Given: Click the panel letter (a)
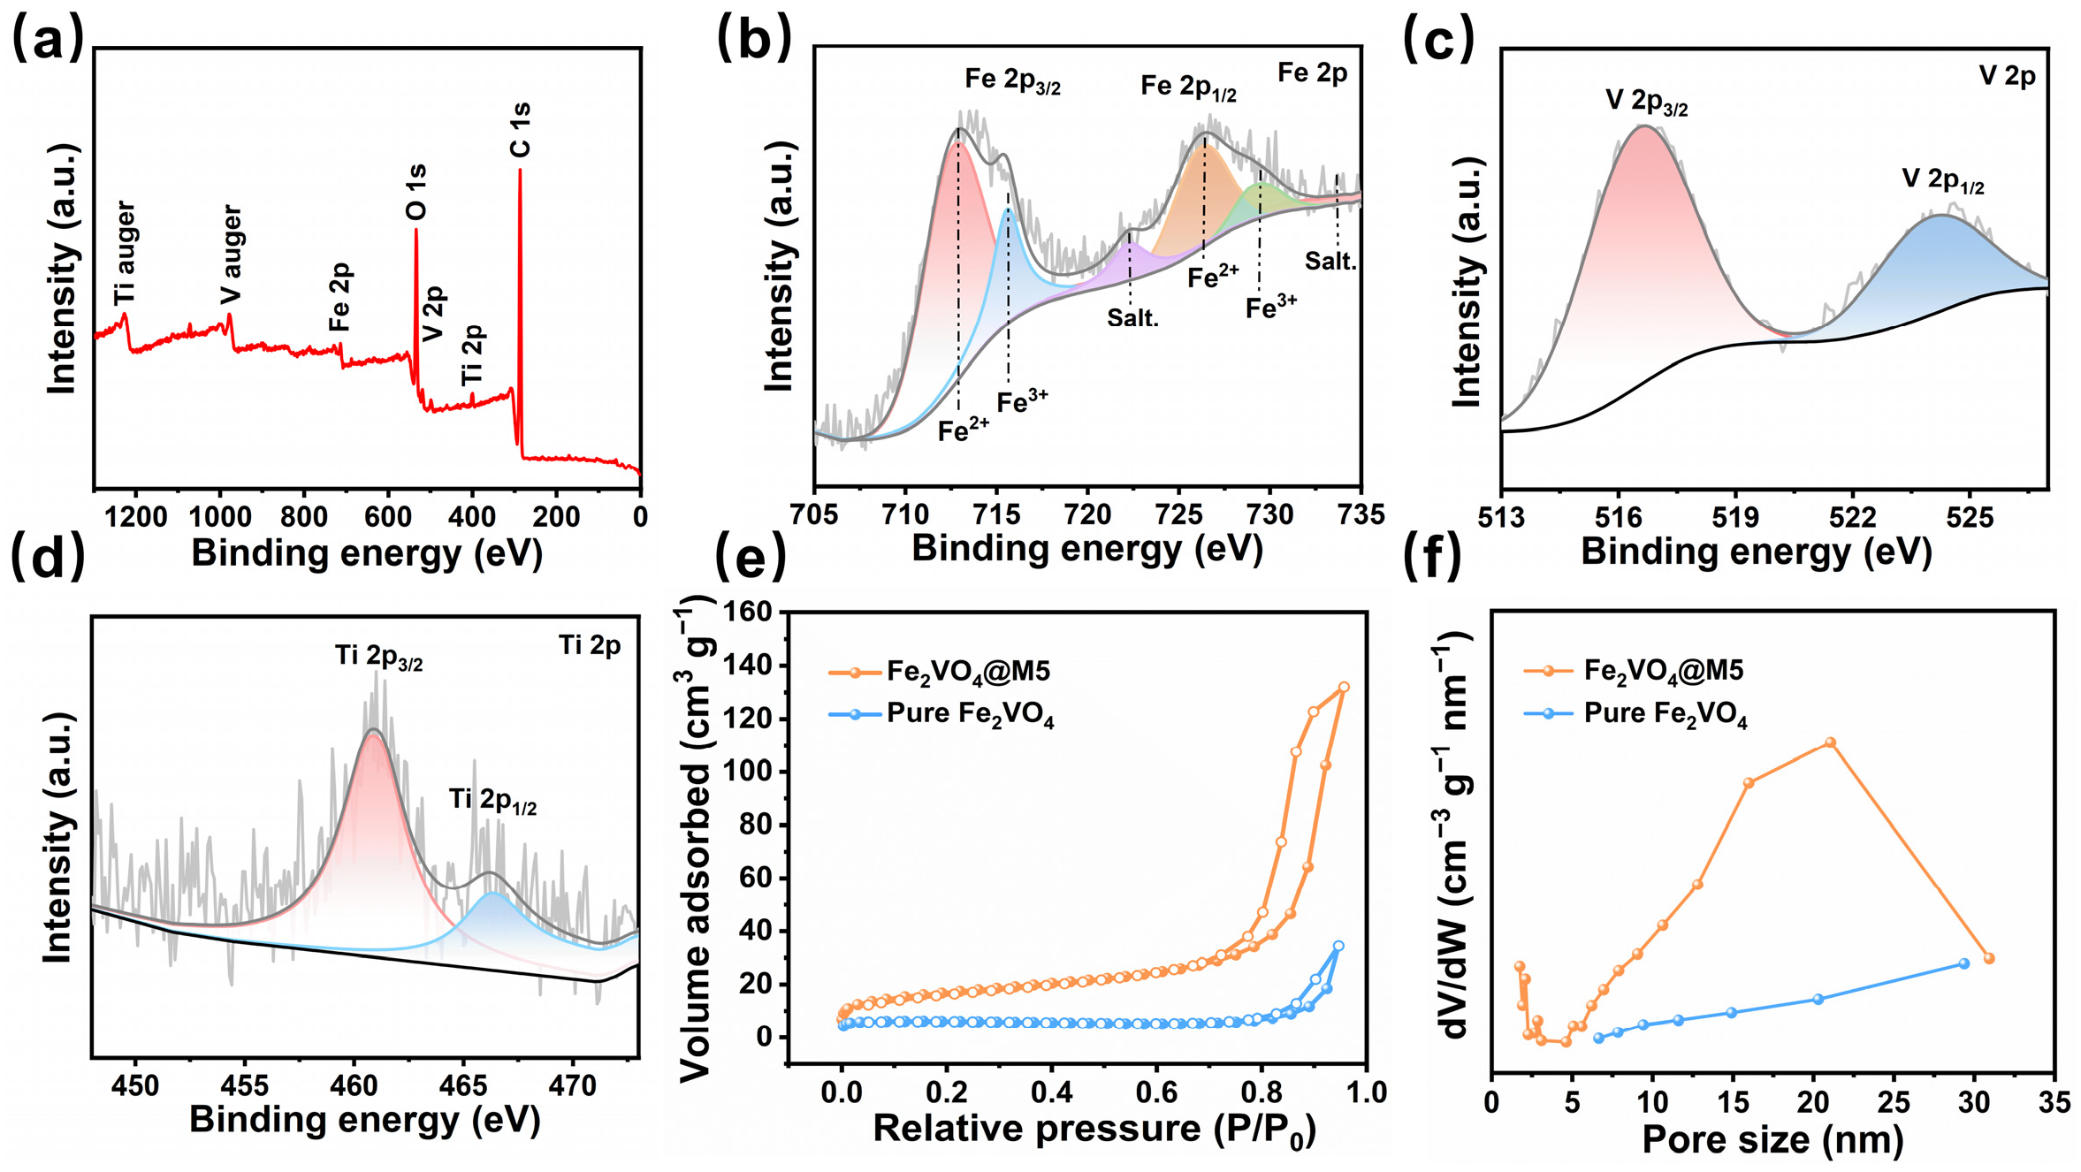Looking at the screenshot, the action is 48,40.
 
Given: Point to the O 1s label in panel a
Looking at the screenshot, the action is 415,192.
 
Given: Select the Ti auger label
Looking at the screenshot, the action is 125,254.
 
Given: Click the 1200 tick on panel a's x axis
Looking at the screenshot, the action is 136,516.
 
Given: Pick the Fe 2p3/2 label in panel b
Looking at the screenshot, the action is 1012,80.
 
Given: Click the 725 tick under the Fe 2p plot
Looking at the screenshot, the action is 1178,514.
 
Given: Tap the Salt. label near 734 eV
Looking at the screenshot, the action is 1330,261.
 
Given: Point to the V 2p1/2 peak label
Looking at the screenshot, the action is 1943,181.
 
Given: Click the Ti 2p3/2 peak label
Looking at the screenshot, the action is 378,657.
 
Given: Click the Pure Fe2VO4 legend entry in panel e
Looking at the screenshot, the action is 941,714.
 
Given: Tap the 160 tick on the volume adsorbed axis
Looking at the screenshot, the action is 750,612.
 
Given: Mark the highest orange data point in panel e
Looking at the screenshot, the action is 1344,687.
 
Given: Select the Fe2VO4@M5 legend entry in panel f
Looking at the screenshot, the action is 1634,671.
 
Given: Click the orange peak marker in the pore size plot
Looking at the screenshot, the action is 1830,742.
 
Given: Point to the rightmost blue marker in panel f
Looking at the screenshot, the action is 1964,963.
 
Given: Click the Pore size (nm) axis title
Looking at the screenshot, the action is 1772,1140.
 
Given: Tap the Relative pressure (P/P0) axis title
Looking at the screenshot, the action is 1094,1130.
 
